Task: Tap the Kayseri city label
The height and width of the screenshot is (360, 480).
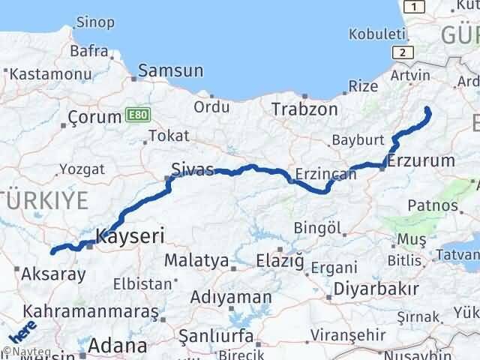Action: pyautogui.click(x=130, y=237)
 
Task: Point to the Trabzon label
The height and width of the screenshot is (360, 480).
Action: pyautogui.click(x=304, y=109)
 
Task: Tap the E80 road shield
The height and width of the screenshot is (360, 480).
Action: pyautogui.click(x=137, y=115)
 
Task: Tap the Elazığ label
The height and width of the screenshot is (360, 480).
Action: pyautogui.click(x=280, y=260)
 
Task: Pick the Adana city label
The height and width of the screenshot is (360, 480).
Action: pyautogui.click(x=116, y=346)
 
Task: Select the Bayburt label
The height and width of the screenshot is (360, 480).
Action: pyautogui.click(x=357, y=140)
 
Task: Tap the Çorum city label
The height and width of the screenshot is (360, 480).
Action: pyautogui.click(x=94, y=117)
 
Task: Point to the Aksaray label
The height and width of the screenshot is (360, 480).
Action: pyautogui.click(x=55, y=274)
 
